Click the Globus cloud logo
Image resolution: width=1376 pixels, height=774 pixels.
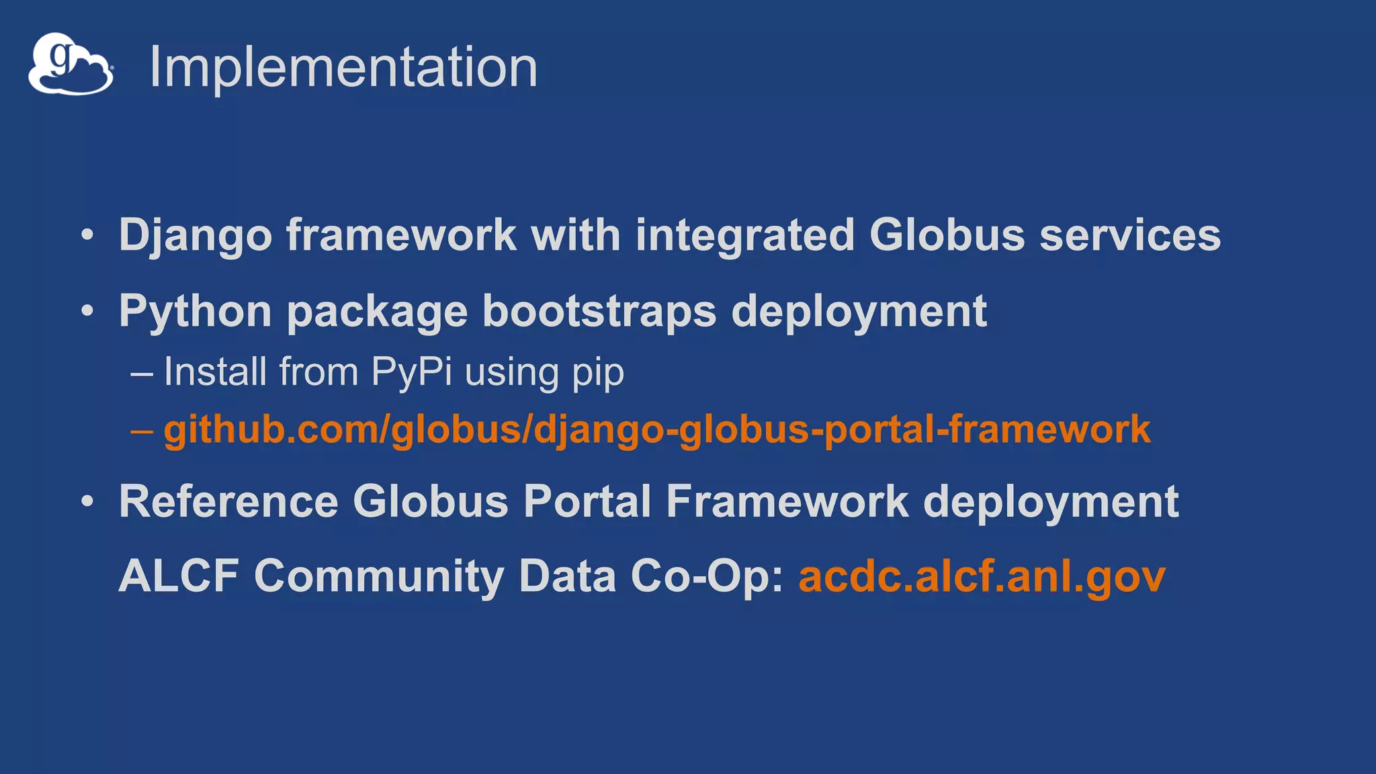(x=71, y=64)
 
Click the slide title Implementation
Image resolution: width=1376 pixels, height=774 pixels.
(x=343, y=67)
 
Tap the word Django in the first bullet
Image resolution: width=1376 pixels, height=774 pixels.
(x=195, y=236)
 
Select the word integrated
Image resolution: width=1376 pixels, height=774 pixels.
(x=744, y=236)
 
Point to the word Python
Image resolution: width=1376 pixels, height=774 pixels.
(x=195, y=312)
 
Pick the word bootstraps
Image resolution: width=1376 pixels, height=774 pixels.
(x=599, y=312)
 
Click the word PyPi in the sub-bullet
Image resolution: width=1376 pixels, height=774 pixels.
(x=411, y=372)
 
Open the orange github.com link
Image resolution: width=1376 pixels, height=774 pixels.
(x=656, y=430)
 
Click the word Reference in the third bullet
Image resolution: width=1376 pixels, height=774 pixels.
(x=228, y=502)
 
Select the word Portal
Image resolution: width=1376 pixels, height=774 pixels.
(x=587, y=502)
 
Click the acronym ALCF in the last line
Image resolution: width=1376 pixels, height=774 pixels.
(x=179, y=576)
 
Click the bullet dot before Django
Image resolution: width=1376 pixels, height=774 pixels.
(x=87, y=236)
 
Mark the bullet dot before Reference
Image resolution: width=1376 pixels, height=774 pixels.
(x=87, y=502)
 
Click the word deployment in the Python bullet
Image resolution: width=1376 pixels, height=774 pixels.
(x=859, y=312)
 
